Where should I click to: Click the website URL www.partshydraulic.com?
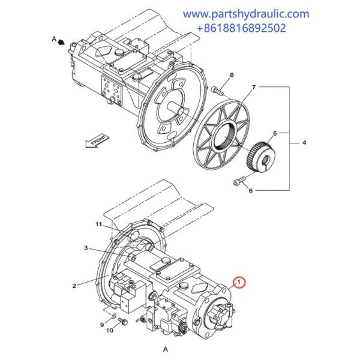pyautogui.click(x=246, y=13)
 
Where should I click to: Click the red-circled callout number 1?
pyautogui.click(x=238, y=281)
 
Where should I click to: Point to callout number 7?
pyautogui.click(x=253, y=88)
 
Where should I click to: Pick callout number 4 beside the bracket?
pyautogui.click(x=304, y=143)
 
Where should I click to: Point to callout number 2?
pyautogui.click(x=74, y=286)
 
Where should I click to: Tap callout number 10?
pyautogui.click(x=110, y=331)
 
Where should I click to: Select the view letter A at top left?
pyautogui.click(x=53, y=38)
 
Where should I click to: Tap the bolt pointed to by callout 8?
pyautogui.click(x=217, y=91)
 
